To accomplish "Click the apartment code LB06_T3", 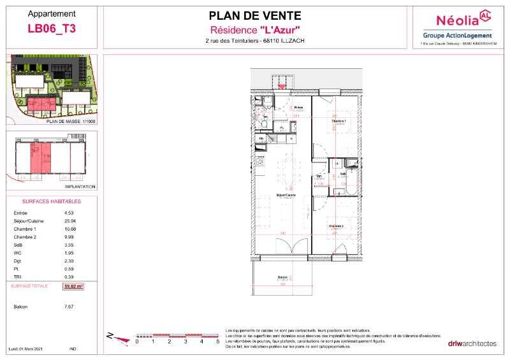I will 52,27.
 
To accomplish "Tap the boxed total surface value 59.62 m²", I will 74,287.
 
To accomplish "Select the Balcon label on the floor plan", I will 282,278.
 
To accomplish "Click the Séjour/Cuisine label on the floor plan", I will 285,195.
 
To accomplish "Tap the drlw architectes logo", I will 471,343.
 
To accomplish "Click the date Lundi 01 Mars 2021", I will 25,349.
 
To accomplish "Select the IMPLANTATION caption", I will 80,187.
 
